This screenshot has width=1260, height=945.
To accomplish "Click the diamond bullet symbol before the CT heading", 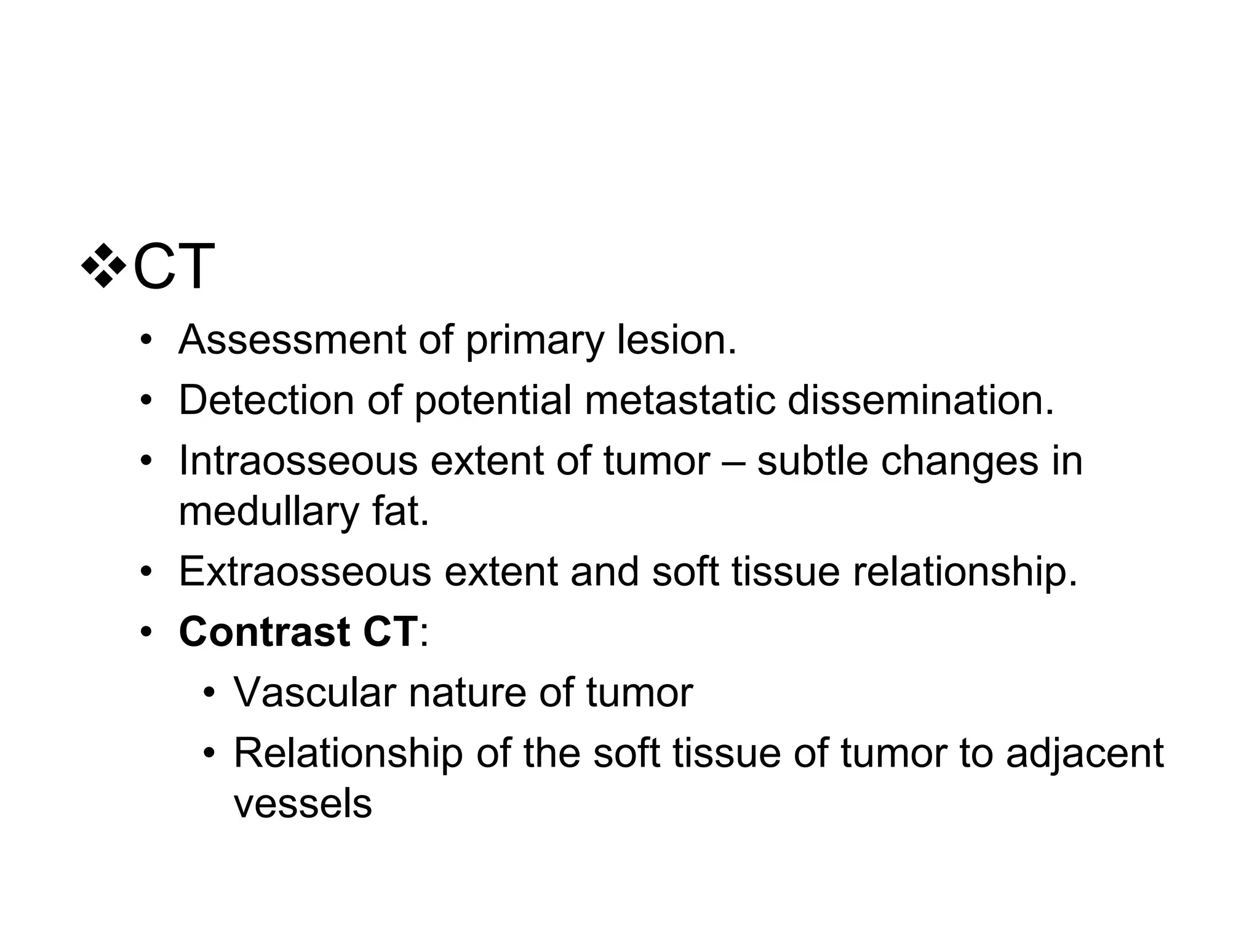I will (x=104, y=266).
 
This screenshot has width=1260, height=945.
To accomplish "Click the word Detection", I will (x=266, y=399).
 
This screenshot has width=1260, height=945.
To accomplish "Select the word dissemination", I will (x=920, y=399).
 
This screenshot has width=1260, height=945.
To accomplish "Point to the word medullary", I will (x=268, y=511).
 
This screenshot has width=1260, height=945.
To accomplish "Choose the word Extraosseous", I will (x=305, y=571).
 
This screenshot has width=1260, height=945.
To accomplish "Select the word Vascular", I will (x=314, y=692).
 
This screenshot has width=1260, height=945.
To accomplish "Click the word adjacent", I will (x=1085, y=753).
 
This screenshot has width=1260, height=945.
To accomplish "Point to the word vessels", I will (x=303, y=803).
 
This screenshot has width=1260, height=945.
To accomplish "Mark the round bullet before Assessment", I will (x=146, y=340).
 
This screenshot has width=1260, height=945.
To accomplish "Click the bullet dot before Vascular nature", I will (x=210, y=693).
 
